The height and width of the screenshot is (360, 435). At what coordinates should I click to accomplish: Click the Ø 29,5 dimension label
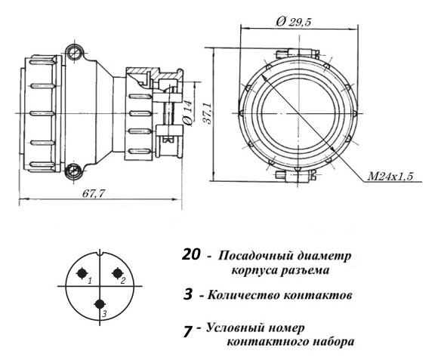[x=294, y=21]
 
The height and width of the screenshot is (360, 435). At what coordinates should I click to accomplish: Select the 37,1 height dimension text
[x=208, y=113]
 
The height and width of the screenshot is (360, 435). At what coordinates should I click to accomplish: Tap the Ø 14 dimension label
[x=188, y=113]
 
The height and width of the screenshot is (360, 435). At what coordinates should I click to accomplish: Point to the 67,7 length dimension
[x=94, y=193]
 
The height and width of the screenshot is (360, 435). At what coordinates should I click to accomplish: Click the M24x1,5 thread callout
[x=390, y=176]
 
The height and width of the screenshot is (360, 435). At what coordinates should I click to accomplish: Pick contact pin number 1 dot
[x=82, y=273]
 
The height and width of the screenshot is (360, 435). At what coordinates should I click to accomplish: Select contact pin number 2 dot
[x=117, y=273]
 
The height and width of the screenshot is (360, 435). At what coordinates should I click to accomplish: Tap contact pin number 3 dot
[x=100, y=304]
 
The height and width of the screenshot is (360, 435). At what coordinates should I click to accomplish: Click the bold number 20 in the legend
[x=191, y=254]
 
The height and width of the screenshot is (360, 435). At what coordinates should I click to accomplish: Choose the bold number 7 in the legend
[x=188, y=331]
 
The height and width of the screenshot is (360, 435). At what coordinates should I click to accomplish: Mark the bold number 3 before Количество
[x=188, y=294]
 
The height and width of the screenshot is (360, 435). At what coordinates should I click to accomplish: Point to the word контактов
[x=318, y=295]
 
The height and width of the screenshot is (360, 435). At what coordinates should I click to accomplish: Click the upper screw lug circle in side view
[x=75, y=52]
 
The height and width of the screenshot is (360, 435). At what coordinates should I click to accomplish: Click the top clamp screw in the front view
[x=298, y=54]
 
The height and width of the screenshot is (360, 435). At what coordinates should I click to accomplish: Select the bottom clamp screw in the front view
[x=295, y=175]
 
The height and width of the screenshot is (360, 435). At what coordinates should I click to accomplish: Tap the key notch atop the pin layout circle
[x=100, y=252]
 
